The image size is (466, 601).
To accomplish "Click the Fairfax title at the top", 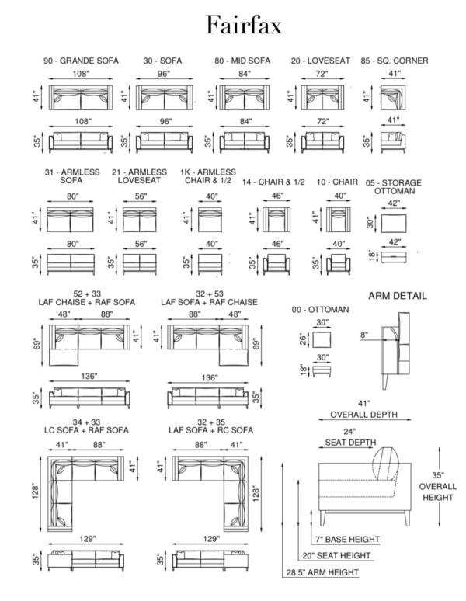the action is coord(244,26).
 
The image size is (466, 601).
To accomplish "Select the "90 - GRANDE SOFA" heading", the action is coord(81,61).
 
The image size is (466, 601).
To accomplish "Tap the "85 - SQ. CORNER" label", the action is coord(395,61).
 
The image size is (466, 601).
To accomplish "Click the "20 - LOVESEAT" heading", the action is coord(320,61).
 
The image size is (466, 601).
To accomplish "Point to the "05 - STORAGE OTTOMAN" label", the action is coord(394,186).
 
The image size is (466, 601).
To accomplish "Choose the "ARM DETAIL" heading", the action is coord(398,296).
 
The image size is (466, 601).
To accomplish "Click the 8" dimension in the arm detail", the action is coord(363,335).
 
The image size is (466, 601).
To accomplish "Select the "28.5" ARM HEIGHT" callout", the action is coord(322,572).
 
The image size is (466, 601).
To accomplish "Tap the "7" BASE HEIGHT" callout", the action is coord(347,540).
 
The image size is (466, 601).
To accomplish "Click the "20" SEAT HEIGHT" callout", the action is coord(336,555).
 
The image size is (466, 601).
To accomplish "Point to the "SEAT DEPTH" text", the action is coord(350,443).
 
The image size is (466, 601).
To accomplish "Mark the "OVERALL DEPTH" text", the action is coord(363,415).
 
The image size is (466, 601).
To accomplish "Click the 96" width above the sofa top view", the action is coord(164,73).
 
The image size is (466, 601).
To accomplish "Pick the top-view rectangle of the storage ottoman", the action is coord(394,223).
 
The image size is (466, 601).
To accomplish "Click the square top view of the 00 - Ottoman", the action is coord(322,339).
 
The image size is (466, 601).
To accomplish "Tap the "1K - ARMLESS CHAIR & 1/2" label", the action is coord(208,176).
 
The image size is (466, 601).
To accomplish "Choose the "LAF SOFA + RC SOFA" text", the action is coord(210,430).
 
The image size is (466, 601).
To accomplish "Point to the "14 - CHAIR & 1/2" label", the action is coord(273,182).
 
